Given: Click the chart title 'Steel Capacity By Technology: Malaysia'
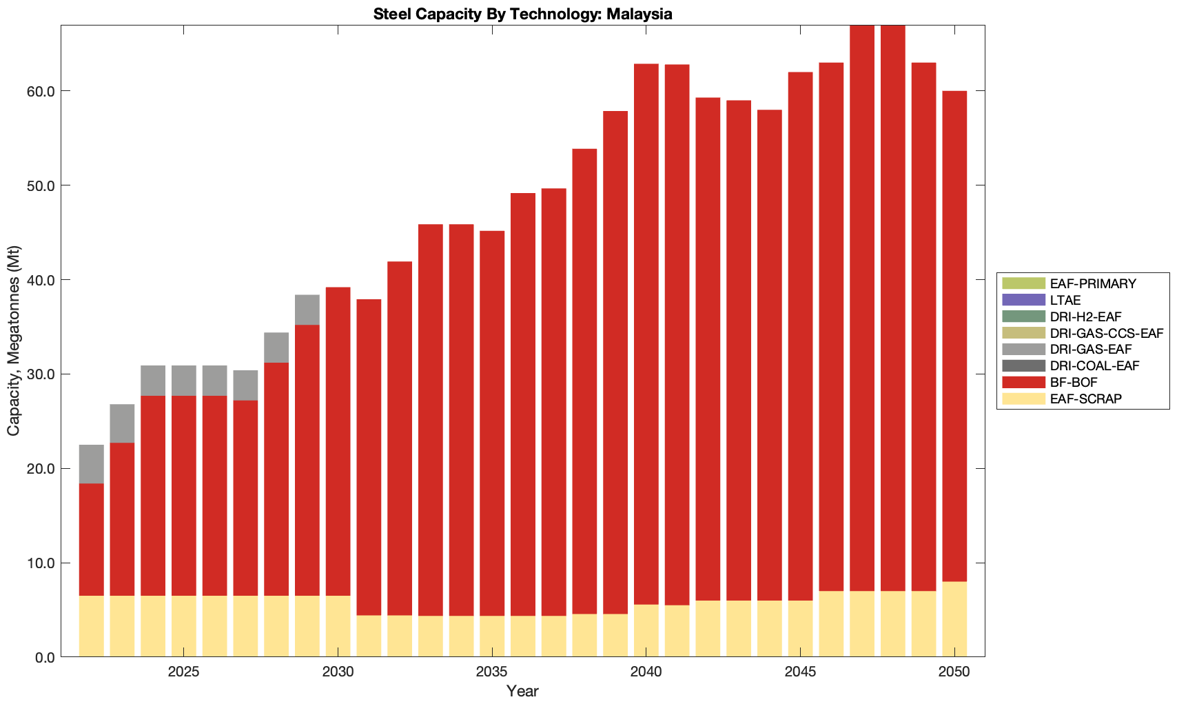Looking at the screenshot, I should (x=522, y=14).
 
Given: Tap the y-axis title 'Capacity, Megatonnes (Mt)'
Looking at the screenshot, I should (x=14, y=341).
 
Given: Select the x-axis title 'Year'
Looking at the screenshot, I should (x=522, y=691).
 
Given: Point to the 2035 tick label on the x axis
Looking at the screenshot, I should (x=491, y=672).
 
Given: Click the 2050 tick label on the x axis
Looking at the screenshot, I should (x=954, y=672).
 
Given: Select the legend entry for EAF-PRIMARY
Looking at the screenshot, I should (x=1093, y=283).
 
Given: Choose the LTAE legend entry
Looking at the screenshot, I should (x=1065, y=300).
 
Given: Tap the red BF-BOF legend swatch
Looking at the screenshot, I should (x=1023, y=382).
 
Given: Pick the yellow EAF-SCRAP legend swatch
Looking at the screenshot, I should (x=1023, y=399).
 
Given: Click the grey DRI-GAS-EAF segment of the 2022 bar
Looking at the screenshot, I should (x=92, y=464).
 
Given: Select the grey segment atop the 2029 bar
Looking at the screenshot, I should (x=307, y=310).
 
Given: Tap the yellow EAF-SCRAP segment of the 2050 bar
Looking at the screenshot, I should (x=954, y=619).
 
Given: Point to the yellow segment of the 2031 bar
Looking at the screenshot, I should (x=369, y=636).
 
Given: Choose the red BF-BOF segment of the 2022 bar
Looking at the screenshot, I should (x=92, y=539).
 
